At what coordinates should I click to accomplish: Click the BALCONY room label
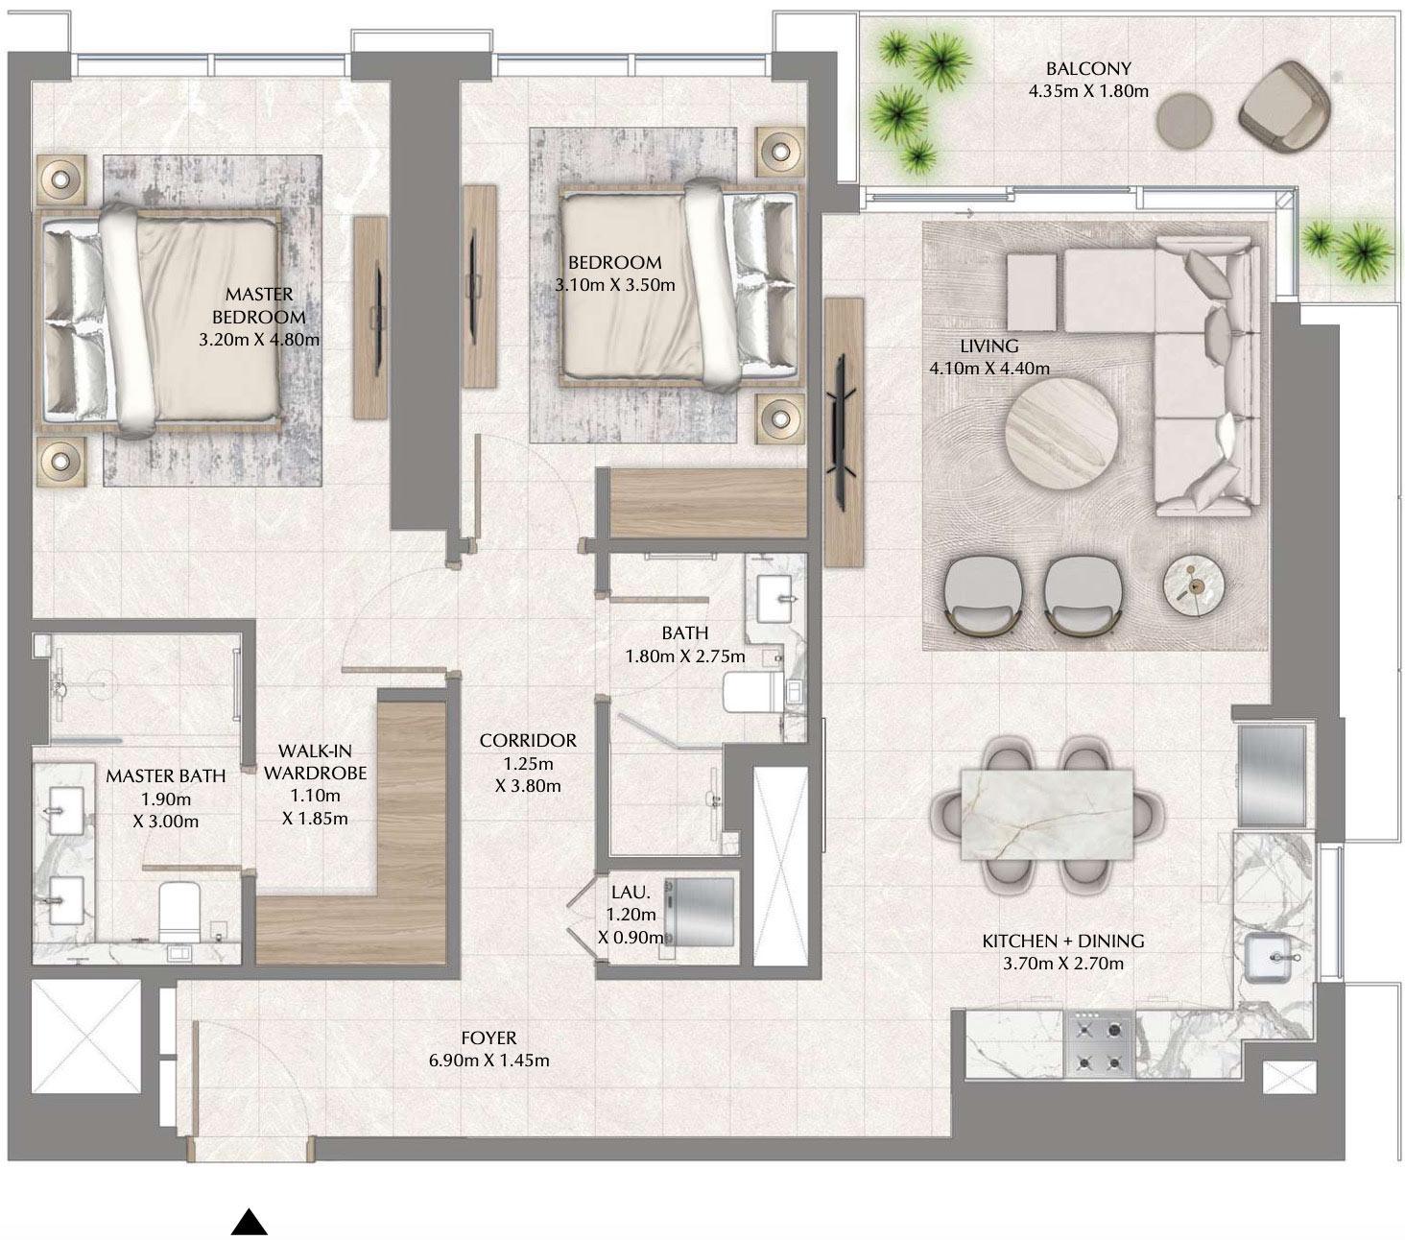[x=1088, y=68]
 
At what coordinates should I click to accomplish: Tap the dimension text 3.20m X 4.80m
[x=259, y=340]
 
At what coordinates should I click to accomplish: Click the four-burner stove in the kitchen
[x=1100, y=1045]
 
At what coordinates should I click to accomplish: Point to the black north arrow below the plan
[x=249, y=1222]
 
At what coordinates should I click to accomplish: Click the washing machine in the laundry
[x=700, y=911]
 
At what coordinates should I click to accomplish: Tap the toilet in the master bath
[x=179, y=911]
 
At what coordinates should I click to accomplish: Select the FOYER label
[x=488, y=1037]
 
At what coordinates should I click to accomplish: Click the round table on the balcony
[x=1184, y=121]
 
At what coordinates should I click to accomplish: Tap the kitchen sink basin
[x=1271, y=959]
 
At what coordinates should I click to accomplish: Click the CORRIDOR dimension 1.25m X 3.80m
[x=528, y=775]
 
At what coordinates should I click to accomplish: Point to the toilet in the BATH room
[x=748, y=692]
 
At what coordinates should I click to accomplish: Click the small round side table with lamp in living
[x=1194, y=584]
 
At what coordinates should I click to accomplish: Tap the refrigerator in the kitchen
[x=1272, y=775]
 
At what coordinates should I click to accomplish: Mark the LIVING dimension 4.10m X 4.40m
[x=988, y=369]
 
